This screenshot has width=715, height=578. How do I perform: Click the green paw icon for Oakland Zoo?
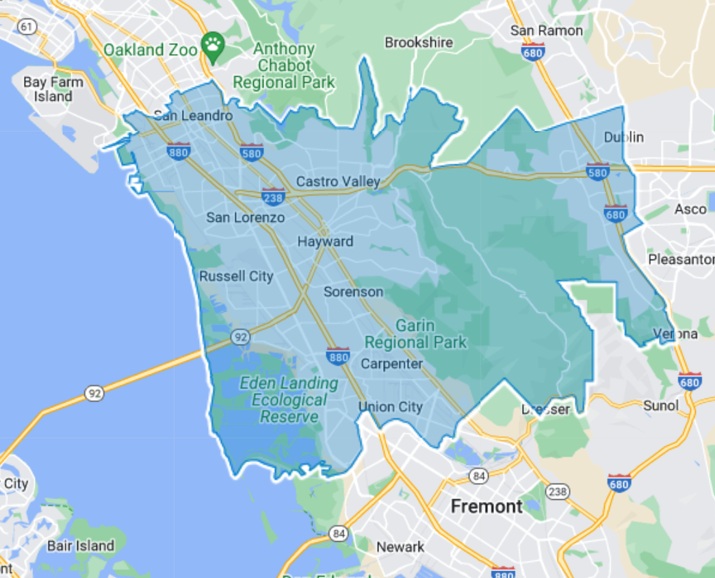click(x=213, y=46)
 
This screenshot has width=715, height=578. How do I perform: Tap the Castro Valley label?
click(x=338, y=181)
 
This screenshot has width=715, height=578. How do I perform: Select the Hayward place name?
click(x=325, y=242)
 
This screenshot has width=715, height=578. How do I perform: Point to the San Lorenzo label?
click(x=246, y=218)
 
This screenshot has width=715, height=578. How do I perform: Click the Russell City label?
click(x=236, y=277)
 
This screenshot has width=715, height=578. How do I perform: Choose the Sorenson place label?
click(x=353, y=292)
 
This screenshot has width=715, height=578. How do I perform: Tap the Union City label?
click(x=391, y=407)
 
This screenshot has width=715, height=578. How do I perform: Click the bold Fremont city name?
click(x=486, y=506)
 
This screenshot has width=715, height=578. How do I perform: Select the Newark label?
click(x=400, y=546)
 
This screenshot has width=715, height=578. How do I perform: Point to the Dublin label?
click(x=623, y=138)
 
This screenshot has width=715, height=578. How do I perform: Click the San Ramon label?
click(x=547, y=31)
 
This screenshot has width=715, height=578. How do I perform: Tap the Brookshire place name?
click(x=419, y=42)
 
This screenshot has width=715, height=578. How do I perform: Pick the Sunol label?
click(x=661, y=405)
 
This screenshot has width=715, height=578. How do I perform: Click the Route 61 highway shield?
click(x=27, y=27)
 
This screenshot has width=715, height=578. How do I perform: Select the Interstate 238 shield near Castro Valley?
click(x=273, y=197)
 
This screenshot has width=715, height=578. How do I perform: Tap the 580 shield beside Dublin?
click(x=598, y=172)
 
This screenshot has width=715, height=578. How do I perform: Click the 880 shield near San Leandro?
click(x=178, y=152)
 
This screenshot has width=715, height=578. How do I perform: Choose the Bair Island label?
click(x=81, y=546)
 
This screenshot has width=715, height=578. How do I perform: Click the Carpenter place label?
click(x=391, y=364)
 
